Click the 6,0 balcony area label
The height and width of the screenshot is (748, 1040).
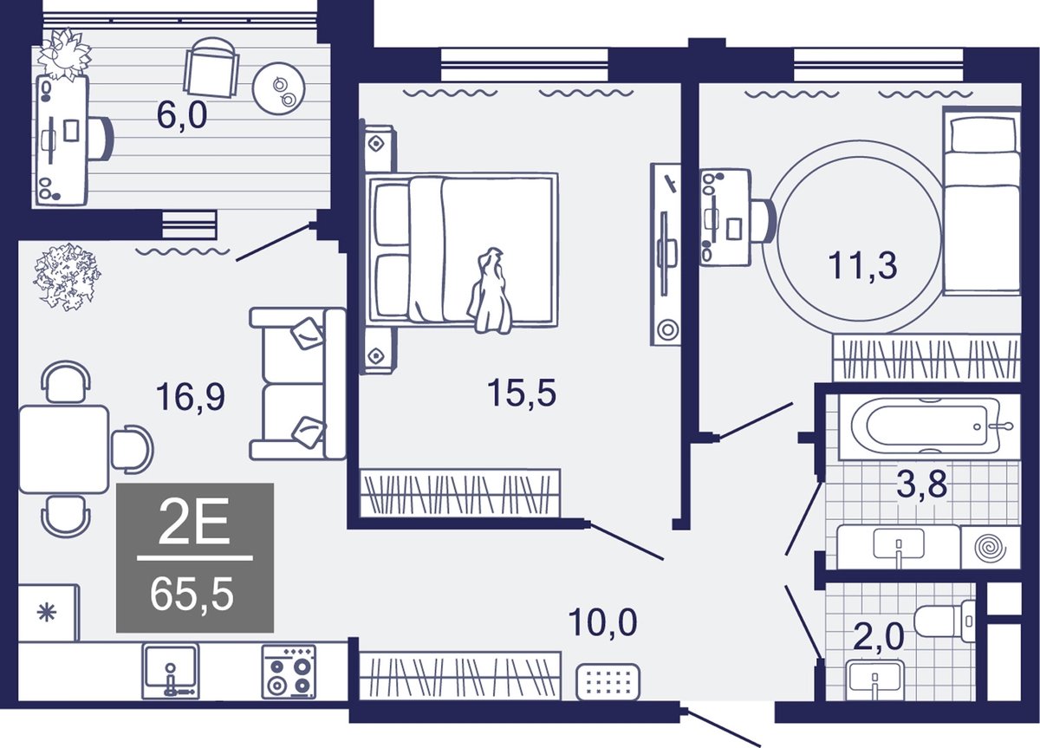click(182, 115)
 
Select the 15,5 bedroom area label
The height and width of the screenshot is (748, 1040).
click(522, 393)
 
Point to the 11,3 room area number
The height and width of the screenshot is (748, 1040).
click(862, 265)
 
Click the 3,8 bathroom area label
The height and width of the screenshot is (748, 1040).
click(921, 483)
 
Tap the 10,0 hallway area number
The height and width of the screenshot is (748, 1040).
click(602, 622)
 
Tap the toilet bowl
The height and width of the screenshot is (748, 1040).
click(945, 621)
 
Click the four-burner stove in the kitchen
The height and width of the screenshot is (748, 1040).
click(289, 672)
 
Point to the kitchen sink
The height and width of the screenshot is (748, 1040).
click(171, 671)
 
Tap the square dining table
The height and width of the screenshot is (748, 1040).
click(64, 449)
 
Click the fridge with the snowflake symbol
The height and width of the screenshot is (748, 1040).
click(48, 614)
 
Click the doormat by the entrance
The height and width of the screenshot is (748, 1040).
click(608, 682)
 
